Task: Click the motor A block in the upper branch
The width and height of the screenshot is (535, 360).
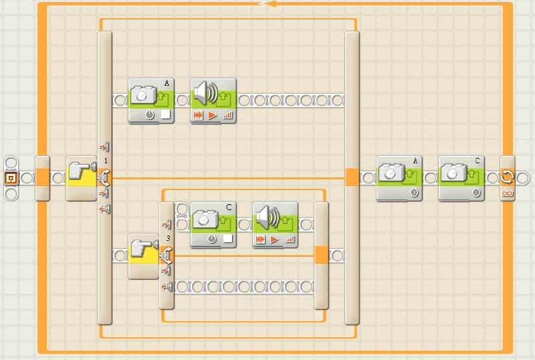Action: tap(150, 100)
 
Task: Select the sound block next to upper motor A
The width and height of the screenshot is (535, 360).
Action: tap(213, 100)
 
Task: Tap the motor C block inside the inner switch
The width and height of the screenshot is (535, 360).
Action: tap(213, 223)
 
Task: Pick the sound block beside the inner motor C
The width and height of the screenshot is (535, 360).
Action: tap(275, 223)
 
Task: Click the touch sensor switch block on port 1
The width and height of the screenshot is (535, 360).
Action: tap(82, 178)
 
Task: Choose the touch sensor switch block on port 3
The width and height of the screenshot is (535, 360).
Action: tap(144, 255)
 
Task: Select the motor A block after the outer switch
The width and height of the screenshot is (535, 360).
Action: tap(399, 178)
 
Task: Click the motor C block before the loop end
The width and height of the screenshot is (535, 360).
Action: tap(461, 178)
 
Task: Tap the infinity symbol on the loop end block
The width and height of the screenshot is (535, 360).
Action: tap(508, 193)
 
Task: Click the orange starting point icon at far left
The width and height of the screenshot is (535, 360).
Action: tap(11, 178)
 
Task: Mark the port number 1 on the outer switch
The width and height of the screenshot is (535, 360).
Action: tap(105, 161)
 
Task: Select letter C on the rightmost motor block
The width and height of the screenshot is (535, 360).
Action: tap(478, 161)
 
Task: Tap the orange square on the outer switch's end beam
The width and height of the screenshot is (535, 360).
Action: tap(352, 177)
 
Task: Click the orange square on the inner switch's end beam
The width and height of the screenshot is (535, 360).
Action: tap(321, 254)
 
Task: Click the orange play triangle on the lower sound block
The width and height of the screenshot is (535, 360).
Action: tap(274, 239)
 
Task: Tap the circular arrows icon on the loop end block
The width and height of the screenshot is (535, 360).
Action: tap(508, 176)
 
